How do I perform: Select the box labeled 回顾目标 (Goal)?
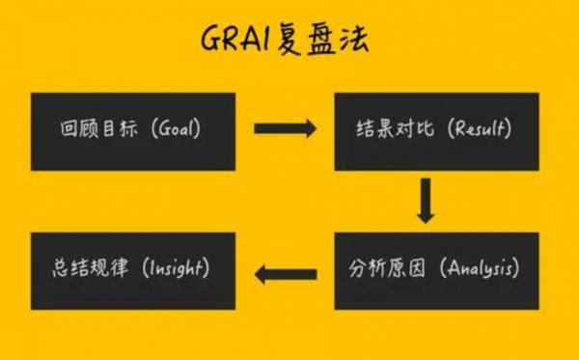[133, 128]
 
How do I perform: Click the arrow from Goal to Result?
[285, 127]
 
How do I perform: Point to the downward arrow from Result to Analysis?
[425, 201]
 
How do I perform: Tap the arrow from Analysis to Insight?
[285, 272]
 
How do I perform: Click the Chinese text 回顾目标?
[93, 128]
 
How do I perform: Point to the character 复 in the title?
[289, 41]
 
